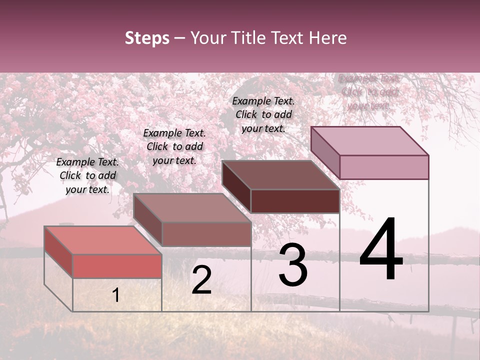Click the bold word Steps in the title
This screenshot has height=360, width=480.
pos(147,38)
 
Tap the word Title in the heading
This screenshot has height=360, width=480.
pos(248,38)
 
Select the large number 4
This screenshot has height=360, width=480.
pos(381,250)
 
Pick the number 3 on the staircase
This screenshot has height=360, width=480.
pos(293,265)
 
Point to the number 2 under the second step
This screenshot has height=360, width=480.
pos(201,280)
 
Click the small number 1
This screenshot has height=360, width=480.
pos(116,295)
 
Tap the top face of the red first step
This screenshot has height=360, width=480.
pos(102,240)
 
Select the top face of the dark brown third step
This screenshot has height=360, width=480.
pos(280,175)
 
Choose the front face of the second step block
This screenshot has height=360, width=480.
pos(206,234)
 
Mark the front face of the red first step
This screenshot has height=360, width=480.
pos(117,266)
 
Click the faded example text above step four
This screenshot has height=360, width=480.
pos(369,92)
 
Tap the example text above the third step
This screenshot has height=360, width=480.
pos(263,114)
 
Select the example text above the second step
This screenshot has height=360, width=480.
pos(174,146)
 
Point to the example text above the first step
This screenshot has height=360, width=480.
pos(87,175)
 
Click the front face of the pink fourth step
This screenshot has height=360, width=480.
pos(384,167)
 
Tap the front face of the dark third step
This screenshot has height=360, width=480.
pos(295,201)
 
